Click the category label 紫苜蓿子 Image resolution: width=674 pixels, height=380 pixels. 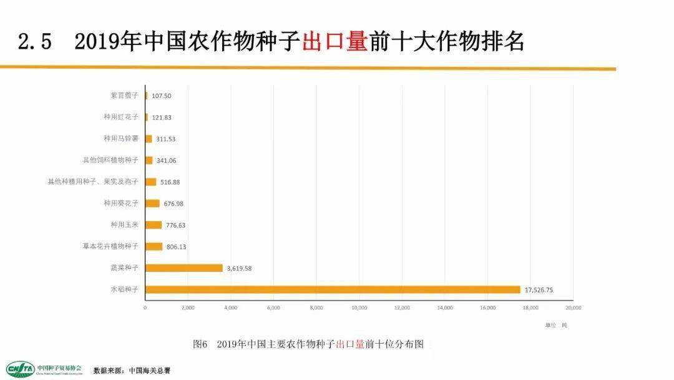[x=124, y=96]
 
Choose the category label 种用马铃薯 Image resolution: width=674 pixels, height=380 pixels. [x=121, y=138]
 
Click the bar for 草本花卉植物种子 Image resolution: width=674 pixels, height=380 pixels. [x=154, y=246]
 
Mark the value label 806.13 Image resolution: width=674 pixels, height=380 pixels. [x=174, y=247]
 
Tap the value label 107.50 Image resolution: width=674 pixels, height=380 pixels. [x=161, y=96]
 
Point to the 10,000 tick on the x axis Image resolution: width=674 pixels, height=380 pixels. [x=359, y=308]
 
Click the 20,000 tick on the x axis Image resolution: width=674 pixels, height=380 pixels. [x=573, y=308]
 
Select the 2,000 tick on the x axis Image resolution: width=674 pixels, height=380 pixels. [x=188, y=308]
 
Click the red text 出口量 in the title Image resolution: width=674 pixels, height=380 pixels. [x=334, y=42]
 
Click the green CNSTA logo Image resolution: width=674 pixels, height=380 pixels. [x=20, y=369]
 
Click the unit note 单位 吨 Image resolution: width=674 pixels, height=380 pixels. [x=555, y=325]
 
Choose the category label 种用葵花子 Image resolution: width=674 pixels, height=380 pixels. [x=121, y=203]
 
